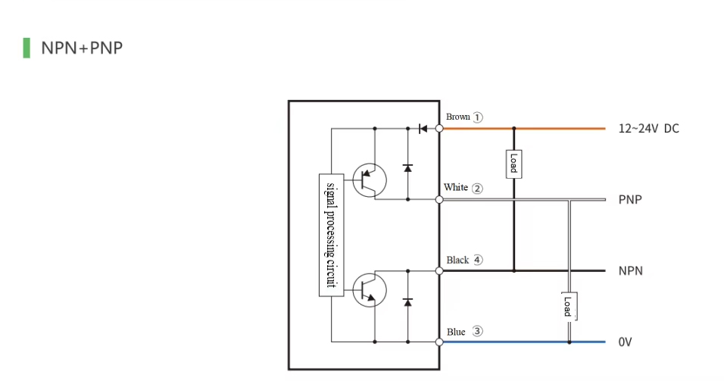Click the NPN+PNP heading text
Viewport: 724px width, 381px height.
coord(82,48)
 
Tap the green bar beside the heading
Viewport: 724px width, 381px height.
coord(27,48)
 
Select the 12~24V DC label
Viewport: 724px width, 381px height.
coord(648,129)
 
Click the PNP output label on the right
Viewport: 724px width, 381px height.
coord(631,200)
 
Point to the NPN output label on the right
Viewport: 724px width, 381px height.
coord(631,271)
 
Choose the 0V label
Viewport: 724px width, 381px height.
coord(625,342)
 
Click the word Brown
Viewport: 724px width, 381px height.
coord(458,117)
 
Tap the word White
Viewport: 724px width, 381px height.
coord(456,188)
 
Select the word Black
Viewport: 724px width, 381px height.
coord(457,260)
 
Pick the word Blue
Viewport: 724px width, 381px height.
coord(456,332)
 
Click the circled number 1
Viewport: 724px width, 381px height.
coord(478,117)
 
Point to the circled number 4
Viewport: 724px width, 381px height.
coord(478,260)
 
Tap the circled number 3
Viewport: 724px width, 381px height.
coord(477,331)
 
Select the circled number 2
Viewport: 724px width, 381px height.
coord(477,189)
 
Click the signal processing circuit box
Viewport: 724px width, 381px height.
coord(330,235)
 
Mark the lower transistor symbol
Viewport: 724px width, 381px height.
coord(370,288)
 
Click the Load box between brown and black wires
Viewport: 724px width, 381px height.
coord(513,163)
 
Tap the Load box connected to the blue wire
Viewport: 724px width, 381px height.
coord(569,306)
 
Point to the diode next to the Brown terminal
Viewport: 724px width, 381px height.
coord(423,129)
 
